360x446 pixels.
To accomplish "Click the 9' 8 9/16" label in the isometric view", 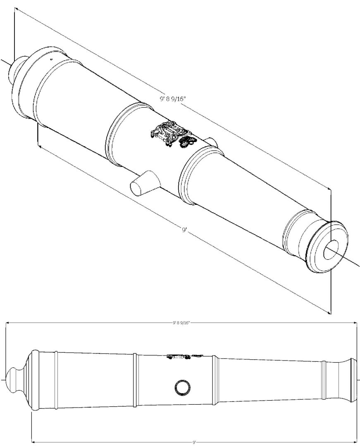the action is (173, 99).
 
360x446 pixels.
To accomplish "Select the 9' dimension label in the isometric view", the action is (184, 229).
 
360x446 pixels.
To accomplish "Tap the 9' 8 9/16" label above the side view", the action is (181, 323).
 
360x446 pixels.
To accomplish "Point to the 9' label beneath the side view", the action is (194, 442).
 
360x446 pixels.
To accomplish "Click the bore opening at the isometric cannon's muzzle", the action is (331, 249).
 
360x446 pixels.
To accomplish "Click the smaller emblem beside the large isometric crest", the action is (187, 142).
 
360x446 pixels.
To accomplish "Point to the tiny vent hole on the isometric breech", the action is (51, 59).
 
